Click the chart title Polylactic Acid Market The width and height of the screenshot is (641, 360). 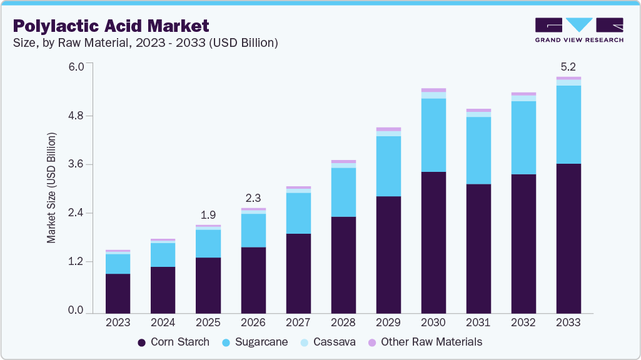coord(111,26)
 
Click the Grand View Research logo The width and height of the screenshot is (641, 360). coord(579,29)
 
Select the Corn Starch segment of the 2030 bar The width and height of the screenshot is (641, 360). coord(433,242)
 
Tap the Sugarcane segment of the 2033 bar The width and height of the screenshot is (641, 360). coord(568,124)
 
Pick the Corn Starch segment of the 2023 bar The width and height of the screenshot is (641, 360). coord(118,293)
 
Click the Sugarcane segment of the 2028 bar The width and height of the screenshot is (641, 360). coord(343,192)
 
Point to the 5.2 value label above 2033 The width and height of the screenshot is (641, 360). coord(568,66)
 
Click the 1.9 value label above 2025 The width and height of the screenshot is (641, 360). coord(208,214)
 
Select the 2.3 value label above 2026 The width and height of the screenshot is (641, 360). coord(253,197)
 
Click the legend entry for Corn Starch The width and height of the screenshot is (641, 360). coord(173,342)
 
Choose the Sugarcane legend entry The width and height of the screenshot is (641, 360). coord(256,342)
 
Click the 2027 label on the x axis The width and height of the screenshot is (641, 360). coord(298,322)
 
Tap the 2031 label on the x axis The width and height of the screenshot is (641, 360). coord(478,322)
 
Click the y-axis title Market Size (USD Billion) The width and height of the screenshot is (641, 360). coord(51,187)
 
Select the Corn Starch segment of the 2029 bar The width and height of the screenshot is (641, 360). coord(388,254)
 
